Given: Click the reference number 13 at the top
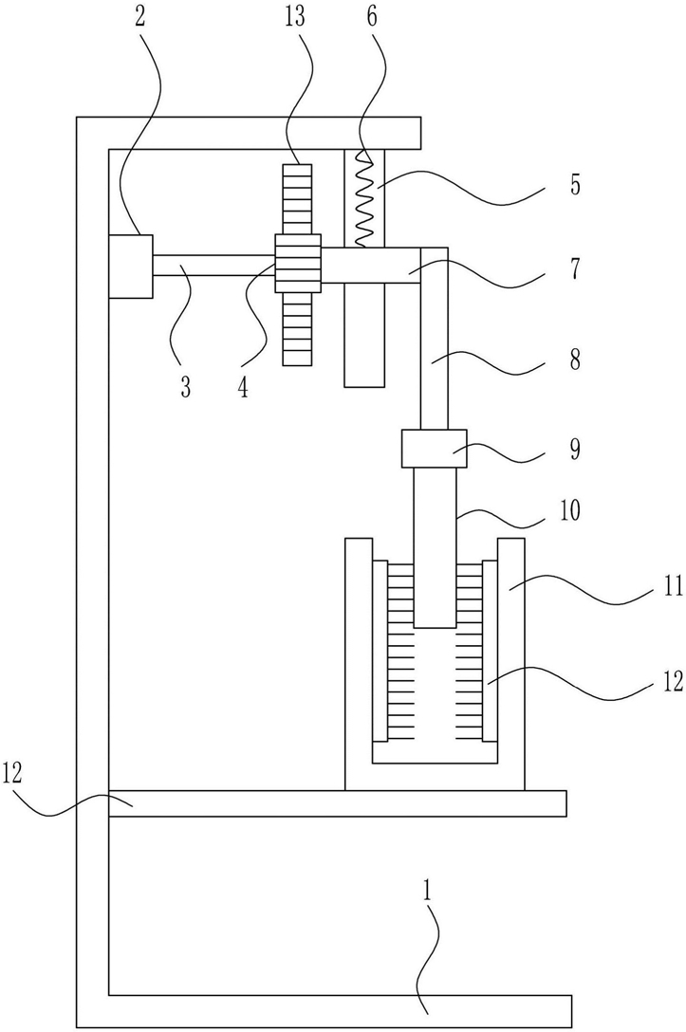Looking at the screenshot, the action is pos(295,16).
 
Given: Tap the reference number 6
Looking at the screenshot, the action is pos(372,16).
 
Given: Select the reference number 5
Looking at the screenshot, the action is pos(575,185).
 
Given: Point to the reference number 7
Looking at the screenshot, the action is pos(575,269).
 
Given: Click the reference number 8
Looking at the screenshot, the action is pos(575,359).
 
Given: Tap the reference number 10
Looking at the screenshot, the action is pos(571,510).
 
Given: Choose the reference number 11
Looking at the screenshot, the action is pos(673,585).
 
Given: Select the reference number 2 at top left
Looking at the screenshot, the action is pos(139,16).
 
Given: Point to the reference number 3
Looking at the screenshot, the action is pos(186,388).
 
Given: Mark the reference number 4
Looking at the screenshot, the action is pos(243,388).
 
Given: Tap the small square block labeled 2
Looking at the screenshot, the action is pos(130,266).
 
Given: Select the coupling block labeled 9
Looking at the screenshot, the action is pos(435,449).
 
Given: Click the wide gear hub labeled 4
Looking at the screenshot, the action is pos(298,264).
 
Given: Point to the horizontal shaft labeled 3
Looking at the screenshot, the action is pos(214,265).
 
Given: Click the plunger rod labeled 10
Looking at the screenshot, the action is pos(435,547).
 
